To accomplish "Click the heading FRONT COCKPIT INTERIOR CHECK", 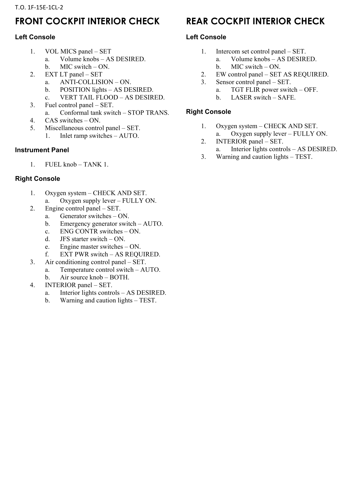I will (87, 21).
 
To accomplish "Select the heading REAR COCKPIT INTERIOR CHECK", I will (255, 21).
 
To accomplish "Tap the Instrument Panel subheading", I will (42, 150).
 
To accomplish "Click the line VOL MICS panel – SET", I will (78, 52).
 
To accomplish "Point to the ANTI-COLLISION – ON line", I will (95, 82).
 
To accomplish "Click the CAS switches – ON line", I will (73, 121).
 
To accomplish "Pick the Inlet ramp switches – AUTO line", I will (99, 136).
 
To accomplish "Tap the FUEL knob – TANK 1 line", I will (76, 164).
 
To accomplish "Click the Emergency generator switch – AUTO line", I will (111, 224).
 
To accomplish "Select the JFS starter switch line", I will (92, 239).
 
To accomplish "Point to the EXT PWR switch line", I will (110, 254).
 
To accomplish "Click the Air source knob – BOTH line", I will (94, 277).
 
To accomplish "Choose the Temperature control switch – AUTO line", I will (110, 270).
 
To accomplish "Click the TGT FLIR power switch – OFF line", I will (274, 90).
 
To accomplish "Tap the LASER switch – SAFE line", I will (263, 97).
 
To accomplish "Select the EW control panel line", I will (272, 74).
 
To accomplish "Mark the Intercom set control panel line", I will (261, 52).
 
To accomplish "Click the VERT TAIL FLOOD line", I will (112, 97).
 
